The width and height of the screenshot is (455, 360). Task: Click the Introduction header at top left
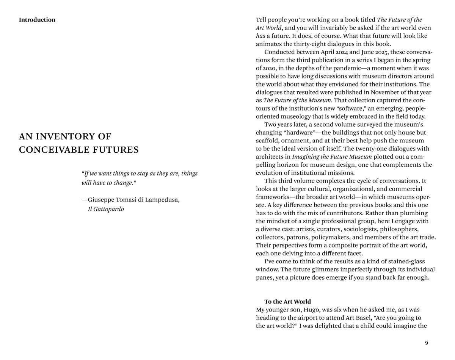point(37,20)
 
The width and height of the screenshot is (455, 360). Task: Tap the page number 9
point(426,343)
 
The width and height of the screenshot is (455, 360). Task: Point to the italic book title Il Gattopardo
point(106,209)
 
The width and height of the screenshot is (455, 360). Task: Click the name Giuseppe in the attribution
point(102,200)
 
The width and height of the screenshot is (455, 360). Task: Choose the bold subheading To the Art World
point(287,302)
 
